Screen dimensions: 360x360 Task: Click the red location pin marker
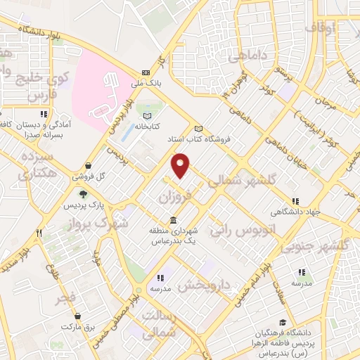pos(181,165)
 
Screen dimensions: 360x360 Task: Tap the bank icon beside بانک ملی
pos(146,72)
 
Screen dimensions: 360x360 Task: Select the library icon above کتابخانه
pos(147,115)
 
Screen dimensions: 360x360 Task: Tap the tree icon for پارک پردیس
pos(84,194)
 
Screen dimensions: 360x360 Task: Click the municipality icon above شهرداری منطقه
pos(174,221)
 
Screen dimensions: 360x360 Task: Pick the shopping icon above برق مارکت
pos(76,316)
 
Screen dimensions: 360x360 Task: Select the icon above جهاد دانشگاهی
pos(295,201)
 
